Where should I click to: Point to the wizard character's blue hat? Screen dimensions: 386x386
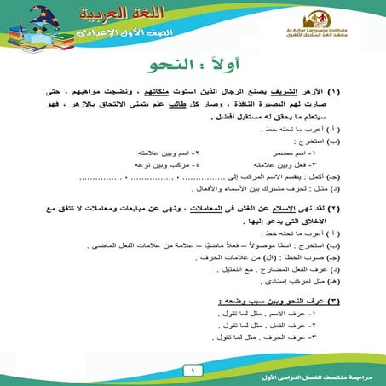pos(35,17)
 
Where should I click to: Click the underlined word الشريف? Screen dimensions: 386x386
pos(298,89)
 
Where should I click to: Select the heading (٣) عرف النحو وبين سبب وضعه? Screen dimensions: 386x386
pos(282,302)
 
